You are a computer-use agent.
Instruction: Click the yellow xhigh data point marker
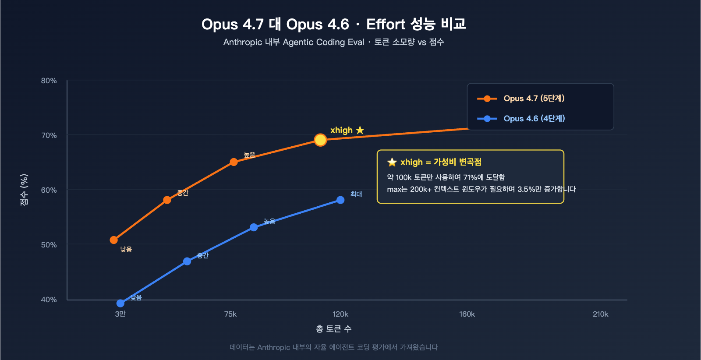click(x=320, y=140)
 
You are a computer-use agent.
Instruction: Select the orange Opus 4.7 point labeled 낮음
click(x=114, y=240)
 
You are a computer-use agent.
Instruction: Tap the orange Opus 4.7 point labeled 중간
click(x=167, y=200)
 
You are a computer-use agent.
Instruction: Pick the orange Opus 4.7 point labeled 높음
click(x=234, y=162)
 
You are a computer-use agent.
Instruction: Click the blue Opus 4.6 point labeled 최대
click(x=340, y=200)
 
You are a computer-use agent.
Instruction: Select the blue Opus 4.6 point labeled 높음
click(x=254, y=227)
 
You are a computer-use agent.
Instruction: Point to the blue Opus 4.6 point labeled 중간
click(x=187, y=261)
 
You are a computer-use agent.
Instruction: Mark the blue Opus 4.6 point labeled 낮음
click(x=120, y=303)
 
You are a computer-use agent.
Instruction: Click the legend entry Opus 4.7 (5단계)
click(x=534, y=99)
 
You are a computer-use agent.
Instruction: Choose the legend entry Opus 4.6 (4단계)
click(x=534, y=119)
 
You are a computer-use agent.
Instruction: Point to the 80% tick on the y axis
click(x=49, y=81)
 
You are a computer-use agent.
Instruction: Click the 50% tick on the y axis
click(x=49, y=245)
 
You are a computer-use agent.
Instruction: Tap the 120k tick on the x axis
click(x=340, y=314)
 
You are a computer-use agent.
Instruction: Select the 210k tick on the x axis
click(x=600, y=314)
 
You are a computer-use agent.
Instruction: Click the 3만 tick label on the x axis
click(x=120, y=314)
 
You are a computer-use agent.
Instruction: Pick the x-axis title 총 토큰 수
click(x=334, y=329)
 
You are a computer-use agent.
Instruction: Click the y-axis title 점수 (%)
click(x=25, y=190)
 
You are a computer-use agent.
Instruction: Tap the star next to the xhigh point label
click(x=360, y=130)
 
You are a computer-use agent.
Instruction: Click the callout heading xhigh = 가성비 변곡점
click(x=440, y=162)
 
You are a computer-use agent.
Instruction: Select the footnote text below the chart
click(x=334, y=347)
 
